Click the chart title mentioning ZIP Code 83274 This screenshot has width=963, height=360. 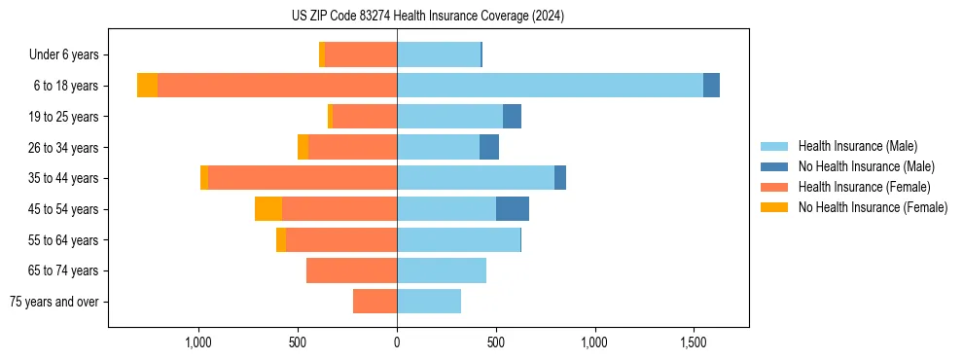427,16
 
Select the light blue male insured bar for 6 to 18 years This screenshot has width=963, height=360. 550,86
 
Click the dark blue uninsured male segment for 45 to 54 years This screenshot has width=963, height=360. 513,209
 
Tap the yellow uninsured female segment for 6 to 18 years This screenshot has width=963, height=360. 147,86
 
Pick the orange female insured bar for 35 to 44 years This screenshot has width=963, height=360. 303,178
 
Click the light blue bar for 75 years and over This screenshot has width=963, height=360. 429,302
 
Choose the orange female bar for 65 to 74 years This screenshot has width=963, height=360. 351,270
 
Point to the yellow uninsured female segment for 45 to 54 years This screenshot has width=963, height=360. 268,209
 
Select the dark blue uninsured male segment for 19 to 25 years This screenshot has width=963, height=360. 512,117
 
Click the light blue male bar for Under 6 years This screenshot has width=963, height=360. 439,54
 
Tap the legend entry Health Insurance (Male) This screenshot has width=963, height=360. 857,146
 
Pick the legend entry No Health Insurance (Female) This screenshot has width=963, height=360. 873,207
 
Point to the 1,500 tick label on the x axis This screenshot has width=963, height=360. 694,342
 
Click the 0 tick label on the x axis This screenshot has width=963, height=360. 397,342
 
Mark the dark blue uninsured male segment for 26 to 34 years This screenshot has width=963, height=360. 489,147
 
